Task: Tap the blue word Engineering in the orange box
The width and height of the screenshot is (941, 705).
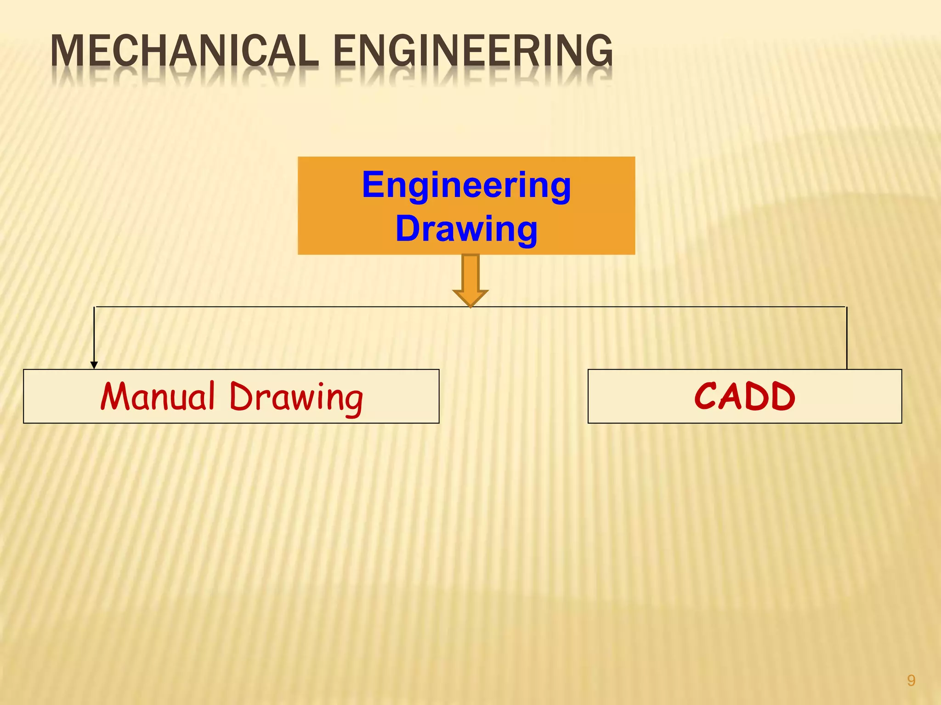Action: [466, 185]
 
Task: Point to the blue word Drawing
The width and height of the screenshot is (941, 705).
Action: [466, 229]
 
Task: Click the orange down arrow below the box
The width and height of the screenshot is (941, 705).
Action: [470, 280]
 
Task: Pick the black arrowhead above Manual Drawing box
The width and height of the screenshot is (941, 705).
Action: [94, 365]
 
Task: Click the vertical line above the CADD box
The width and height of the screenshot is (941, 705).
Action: [846, 338]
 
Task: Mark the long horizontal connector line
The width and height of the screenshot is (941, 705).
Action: [276, 307]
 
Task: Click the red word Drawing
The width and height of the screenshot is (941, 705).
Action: [296, 397]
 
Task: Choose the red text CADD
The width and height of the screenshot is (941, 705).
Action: [744, 397]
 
